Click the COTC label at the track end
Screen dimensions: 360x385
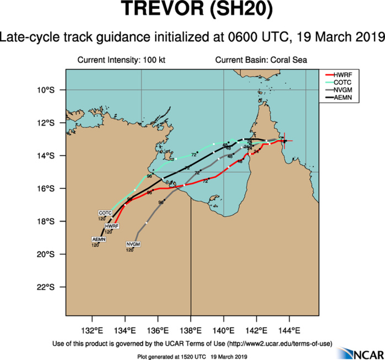pyautogui.click(x=105, y=212)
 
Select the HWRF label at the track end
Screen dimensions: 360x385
pyautogui.click(x=112, y=226)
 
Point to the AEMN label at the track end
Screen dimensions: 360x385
pyautogui.click(x=99, y=239)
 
